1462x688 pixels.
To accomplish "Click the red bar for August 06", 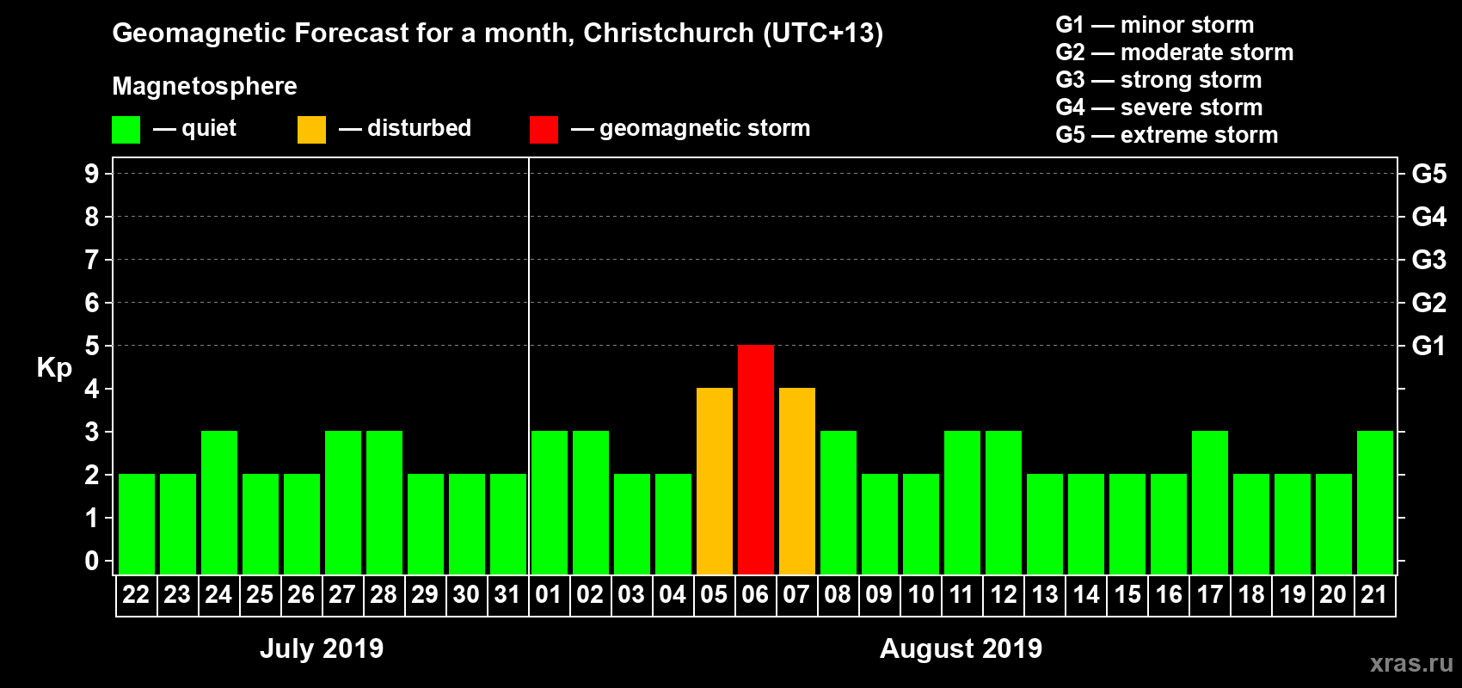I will pos(756,459).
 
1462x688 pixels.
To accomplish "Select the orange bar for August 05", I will pos(715,481).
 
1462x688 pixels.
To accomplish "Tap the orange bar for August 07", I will pos(797,481).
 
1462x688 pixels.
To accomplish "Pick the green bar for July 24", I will pos(219,502).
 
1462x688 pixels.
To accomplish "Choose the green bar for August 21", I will pos(1375,502).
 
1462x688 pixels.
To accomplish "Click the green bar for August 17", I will pos(1210,502).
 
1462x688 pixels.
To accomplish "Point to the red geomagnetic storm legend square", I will pos(544,130).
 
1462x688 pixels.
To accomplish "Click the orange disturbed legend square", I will pos(311,130).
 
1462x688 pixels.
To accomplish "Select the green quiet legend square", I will pos(126,130).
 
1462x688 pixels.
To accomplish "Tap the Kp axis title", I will pos(54,367).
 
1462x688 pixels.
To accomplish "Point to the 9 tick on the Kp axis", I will pos(92,174).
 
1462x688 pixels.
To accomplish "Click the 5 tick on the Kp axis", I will pos(92,346).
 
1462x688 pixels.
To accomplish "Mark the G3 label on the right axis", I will pos(1428,260).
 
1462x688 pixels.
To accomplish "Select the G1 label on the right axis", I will pos(1428,346).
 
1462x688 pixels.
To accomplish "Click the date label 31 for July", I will pos(507,594).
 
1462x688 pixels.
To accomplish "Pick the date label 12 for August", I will pos(1003,594).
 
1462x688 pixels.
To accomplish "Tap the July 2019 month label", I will pos(322,648).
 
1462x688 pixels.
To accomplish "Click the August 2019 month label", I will pos(961,648).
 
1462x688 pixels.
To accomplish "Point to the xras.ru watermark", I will pos(1411,663).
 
